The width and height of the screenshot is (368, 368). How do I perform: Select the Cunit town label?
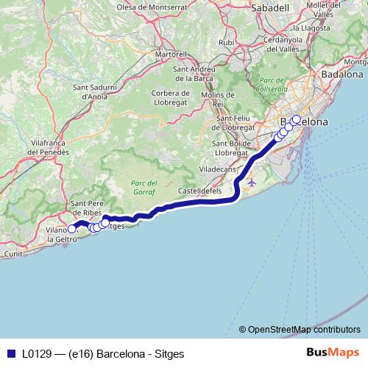pos(14,253)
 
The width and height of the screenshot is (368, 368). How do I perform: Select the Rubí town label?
pos(226,43)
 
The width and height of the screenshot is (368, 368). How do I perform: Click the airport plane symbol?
pos(252,181)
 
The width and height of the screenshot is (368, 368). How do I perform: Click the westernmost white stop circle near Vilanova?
pos(71,229)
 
